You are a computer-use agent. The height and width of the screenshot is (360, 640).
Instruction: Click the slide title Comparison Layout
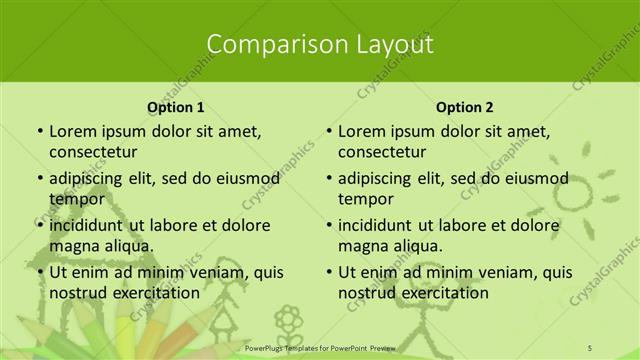coord(320,44)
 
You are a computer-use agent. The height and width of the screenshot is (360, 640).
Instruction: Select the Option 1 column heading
coord(176,106)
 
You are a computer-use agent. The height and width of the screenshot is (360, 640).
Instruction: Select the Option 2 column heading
coord(465,106)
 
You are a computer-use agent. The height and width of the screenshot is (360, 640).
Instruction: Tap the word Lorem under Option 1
coord(73,131)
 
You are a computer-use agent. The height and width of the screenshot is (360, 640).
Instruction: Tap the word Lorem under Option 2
coord(362,131)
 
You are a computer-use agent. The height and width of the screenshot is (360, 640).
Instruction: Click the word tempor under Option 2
coord(366,198)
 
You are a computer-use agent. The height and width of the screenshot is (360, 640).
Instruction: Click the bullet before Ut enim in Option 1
coord(39,272)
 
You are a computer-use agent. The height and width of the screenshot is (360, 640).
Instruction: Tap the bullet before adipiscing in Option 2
coord(328,179)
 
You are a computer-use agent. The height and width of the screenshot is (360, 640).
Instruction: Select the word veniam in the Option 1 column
coord(216,272)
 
